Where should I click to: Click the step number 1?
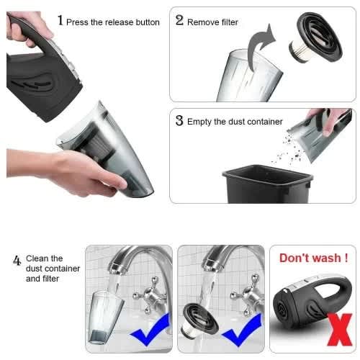[x=60, y=20]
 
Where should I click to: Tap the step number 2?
[x=179, y=20]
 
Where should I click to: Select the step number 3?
[x=179, y=120]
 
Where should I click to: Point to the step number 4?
[x=17, y=260]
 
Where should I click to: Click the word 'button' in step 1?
[x=148, y=22]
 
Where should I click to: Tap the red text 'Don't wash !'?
[x=314, y=258]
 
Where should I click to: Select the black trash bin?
[x=268, y=184]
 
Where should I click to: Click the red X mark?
[x=340, y=329]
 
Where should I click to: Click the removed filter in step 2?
[x=315, y=37]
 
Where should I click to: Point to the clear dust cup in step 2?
[x=250, y=76]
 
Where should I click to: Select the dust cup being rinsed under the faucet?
[x=106, y=317]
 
